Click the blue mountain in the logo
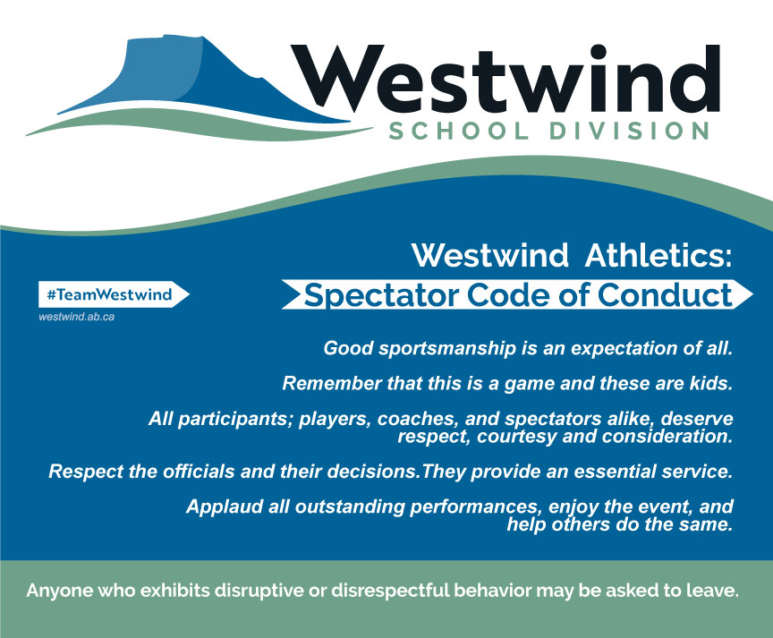coord(187,79)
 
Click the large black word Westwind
coord(505,79)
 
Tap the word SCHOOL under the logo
coord(458,132)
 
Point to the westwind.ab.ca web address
coord(76,317)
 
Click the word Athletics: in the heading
coord(658,255)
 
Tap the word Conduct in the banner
coord(665,295)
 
